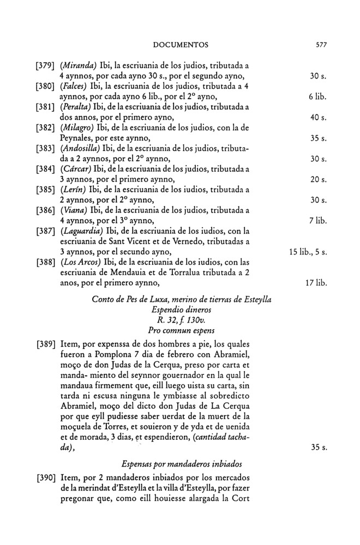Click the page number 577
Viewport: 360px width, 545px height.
[x=320, y=45]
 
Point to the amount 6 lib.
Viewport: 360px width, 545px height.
[x=316, y=96]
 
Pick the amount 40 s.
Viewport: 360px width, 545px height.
[x=318, y=117]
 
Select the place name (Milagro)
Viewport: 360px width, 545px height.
[x=75, y=128]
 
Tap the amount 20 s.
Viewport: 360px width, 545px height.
[x=318, y=179]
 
